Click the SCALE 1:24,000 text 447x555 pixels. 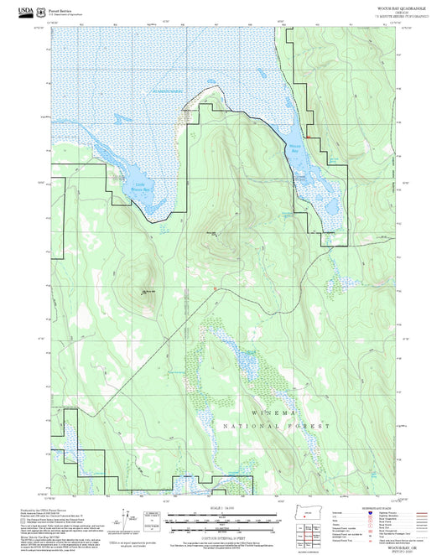(x=222, y=508)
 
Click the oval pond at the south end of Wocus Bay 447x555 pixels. (x=329, y=205)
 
